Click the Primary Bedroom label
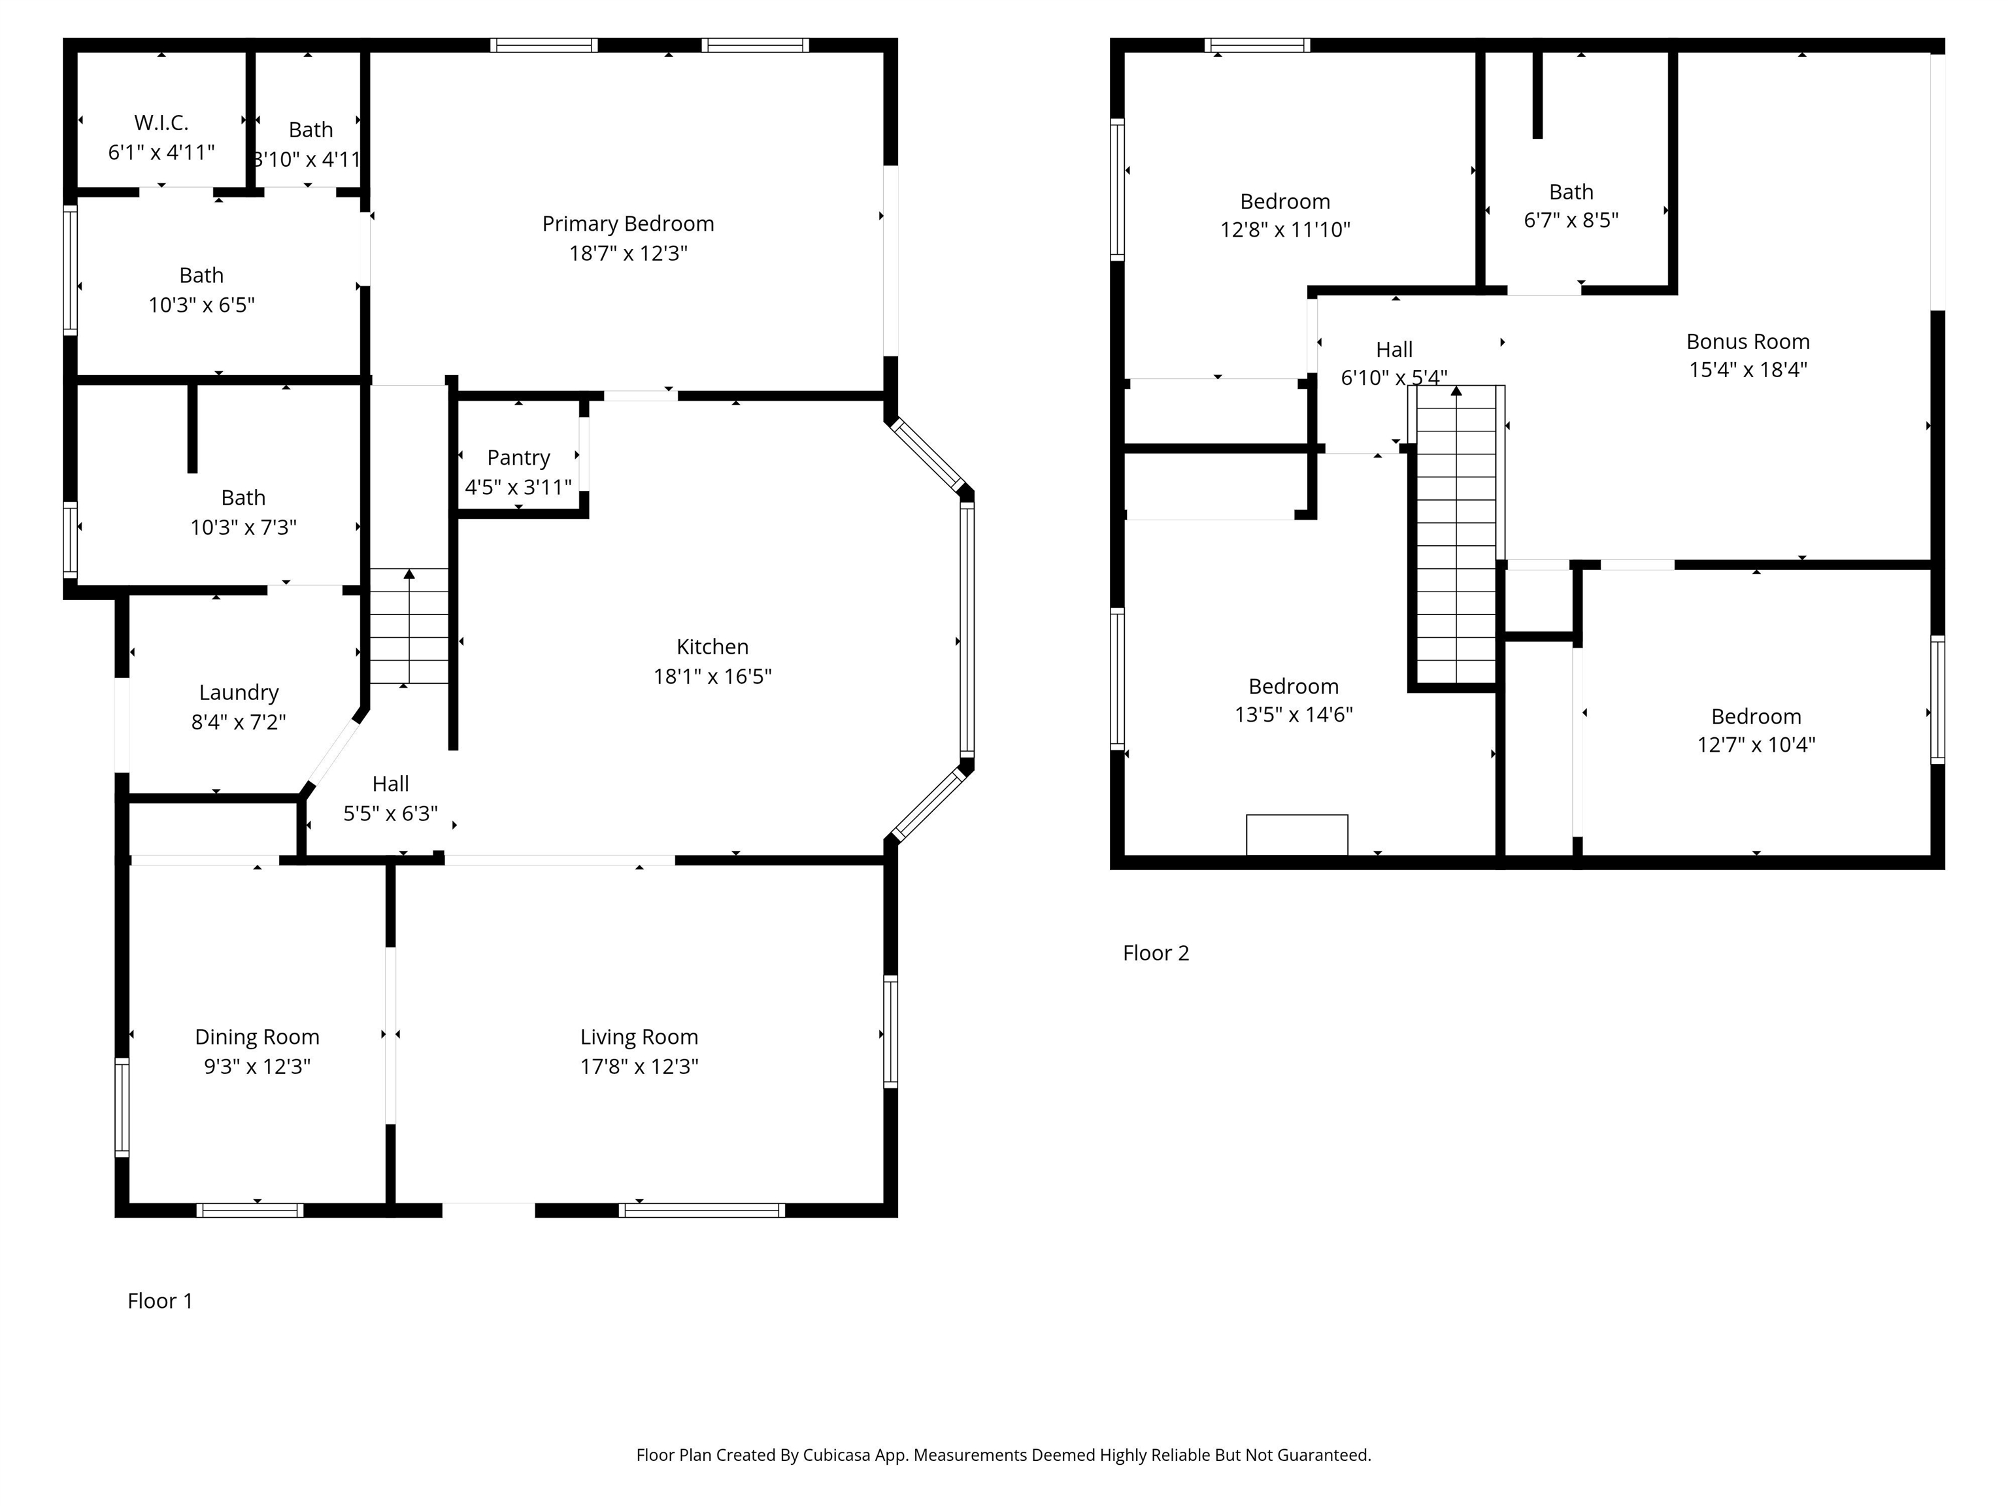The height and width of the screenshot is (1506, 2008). [x=627, y=224]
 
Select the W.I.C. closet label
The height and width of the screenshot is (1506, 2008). [x=161, y=122]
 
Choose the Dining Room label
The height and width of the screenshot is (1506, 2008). [x=257, y=1037]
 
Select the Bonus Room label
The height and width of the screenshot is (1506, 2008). [x=1747, y=341]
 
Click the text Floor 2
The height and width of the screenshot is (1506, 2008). [x=1156, y=953]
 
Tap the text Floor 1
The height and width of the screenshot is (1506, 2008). [x=159, y=1301]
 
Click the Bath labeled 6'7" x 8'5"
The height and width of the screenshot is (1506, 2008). [x=1571, y=192]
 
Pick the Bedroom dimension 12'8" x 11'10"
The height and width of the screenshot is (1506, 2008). [x=1284, y=229]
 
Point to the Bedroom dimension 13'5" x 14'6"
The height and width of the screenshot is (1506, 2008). [x=1293, y=714]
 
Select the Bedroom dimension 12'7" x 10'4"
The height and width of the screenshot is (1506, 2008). [x=1756, y=745]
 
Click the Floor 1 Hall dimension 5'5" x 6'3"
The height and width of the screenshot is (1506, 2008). [x=390, y=813]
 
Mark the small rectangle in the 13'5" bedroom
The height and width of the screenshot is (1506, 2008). [x=1296, y=834]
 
